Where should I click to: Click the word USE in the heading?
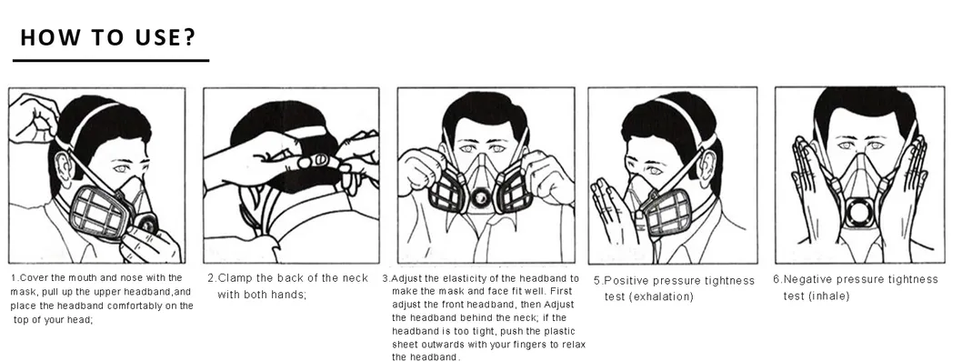tap(154, 37)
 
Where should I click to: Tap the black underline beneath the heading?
tap(111, 60)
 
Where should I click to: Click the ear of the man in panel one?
tap(63, 167)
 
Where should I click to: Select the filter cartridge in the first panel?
tap(102, 211)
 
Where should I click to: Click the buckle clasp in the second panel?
tap(314, 161)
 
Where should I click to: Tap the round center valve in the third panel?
tap(479, 197)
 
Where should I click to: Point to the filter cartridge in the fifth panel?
tap(666, 213)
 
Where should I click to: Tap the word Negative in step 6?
tap(807, 279)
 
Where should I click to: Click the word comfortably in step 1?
tap(130, 306)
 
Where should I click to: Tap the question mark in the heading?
tap(189, 37)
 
